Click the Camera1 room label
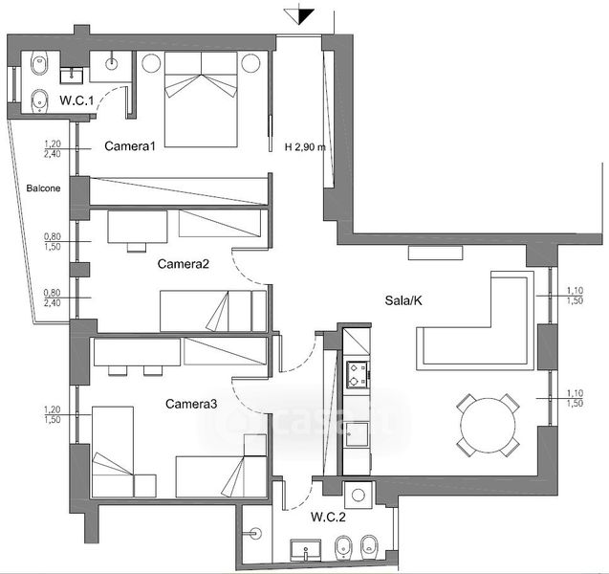coord(130,146)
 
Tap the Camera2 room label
coord(184,264)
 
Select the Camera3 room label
coord(191,404)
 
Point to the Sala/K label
coord(403,300)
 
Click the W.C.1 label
coord(76,100)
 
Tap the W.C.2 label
coord(328,517)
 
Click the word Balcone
coord(43,188)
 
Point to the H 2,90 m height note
coord(305,147)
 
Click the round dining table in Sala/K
coord(488,425)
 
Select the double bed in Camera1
coord(201,99)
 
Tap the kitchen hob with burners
coord(358,375)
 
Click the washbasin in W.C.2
coord(306,549)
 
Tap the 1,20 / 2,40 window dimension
coord(53,149)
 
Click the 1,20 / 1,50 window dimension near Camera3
coord(53,414)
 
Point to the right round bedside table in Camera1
coord(250,63)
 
